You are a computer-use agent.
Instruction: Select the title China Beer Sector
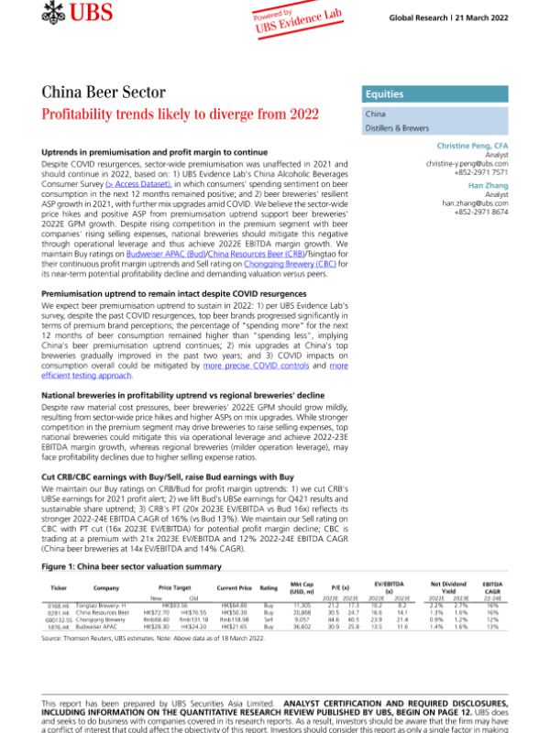click(104, 93)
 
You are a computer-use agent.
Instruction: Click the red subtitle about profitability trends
click(181, 115)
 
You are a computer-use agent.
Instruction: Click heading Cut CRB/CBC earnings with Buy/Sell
click(168, 452)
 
